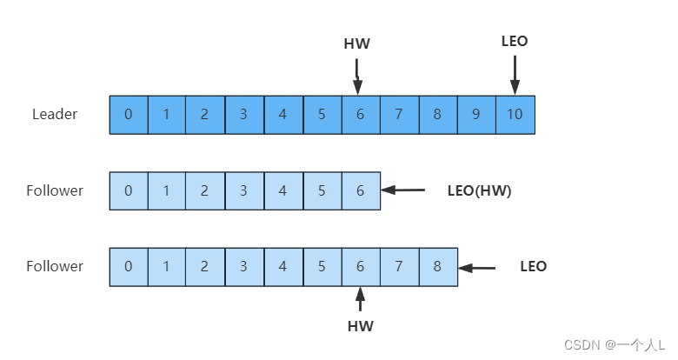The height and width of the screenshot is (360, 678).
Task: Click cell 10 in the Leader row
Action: click(x=515, y=114)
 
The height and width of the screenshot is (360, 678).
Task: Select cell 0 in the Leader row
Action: click(x=129, y=114)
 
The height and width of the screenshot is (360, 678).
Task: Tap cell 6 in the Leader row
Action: click(x=360, y=114)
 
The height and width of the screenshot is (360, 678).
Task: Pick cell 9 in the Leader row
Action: click(x=476, y=114)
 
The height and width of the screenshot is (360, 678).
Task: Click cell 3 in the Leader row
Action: click(x=244, y=114)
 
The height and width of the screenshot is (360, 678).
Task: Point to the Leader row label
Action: click(x=55, y=114)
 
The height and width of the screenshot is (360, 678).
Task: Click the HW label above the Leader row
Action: click(x=357, y=43)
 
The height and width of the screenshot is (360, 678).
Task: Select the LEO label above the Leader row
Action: click(x=515, y=41)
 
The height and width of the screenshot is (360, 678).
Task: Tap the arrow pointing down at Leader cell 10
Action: click(x=515, y=74)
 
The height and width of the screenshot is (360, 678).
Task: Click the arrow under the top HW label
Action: click(x=357, y=76)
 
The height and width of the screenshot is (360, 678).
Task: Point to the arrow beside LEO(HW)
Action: click(x=402, y=190)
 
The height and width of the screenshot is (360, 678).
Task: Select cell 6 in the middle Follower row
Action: click(x=360, y=190)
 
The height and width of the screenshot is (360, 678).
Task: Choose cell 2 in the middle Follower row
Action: click(x=206, y=190)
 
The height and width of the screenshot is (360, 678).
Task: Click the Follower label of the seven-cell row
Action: click(x=55, y=190)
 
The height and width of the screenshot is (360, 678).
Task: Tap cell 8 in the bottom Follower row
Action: click(x=437, y=267)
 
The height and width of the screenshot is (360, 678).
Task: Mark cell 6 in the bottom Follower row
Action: click(x=360, y=267)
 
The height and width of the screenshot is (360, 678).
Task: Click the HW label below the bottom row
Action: click(x=360, y=327)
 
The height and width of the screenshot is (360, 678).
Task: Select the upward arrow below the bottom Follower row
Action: click(x=360, y=300)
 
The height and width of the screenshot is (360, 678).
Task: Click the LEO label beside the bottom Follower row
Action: click(x=534, y=267)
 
